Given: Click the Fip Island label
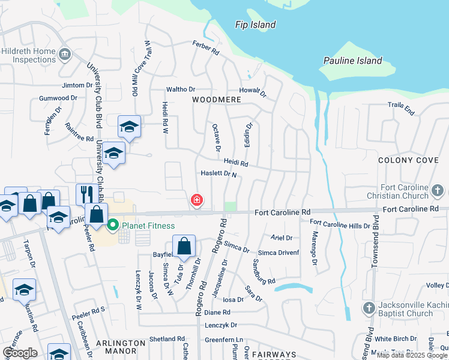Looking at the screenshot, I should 255,25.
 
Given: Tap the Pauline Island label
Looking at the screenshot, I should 352,61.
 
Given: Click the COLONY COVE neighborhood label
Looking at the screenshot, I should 409,160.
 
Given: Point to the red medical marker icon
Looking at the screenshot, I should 196,200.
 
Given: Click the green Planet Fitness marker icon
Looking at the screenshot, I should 113,226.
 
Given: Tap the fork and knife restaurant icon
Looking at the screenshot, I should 85,193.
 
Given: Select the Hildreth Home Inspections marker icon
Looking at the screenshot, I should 64,55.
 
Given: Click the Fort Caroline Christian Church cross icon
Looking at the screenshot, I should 439,191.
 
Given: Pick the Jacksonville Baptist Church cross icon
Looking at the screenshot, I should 370,308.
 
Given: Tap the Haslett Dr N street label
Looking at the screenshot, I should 218,174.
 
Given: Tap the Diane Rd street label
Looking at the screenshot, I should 217,313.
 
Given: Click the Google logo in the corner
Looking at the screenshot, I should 19,353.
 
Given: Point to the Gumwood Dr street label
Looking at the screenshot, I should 58,98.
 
